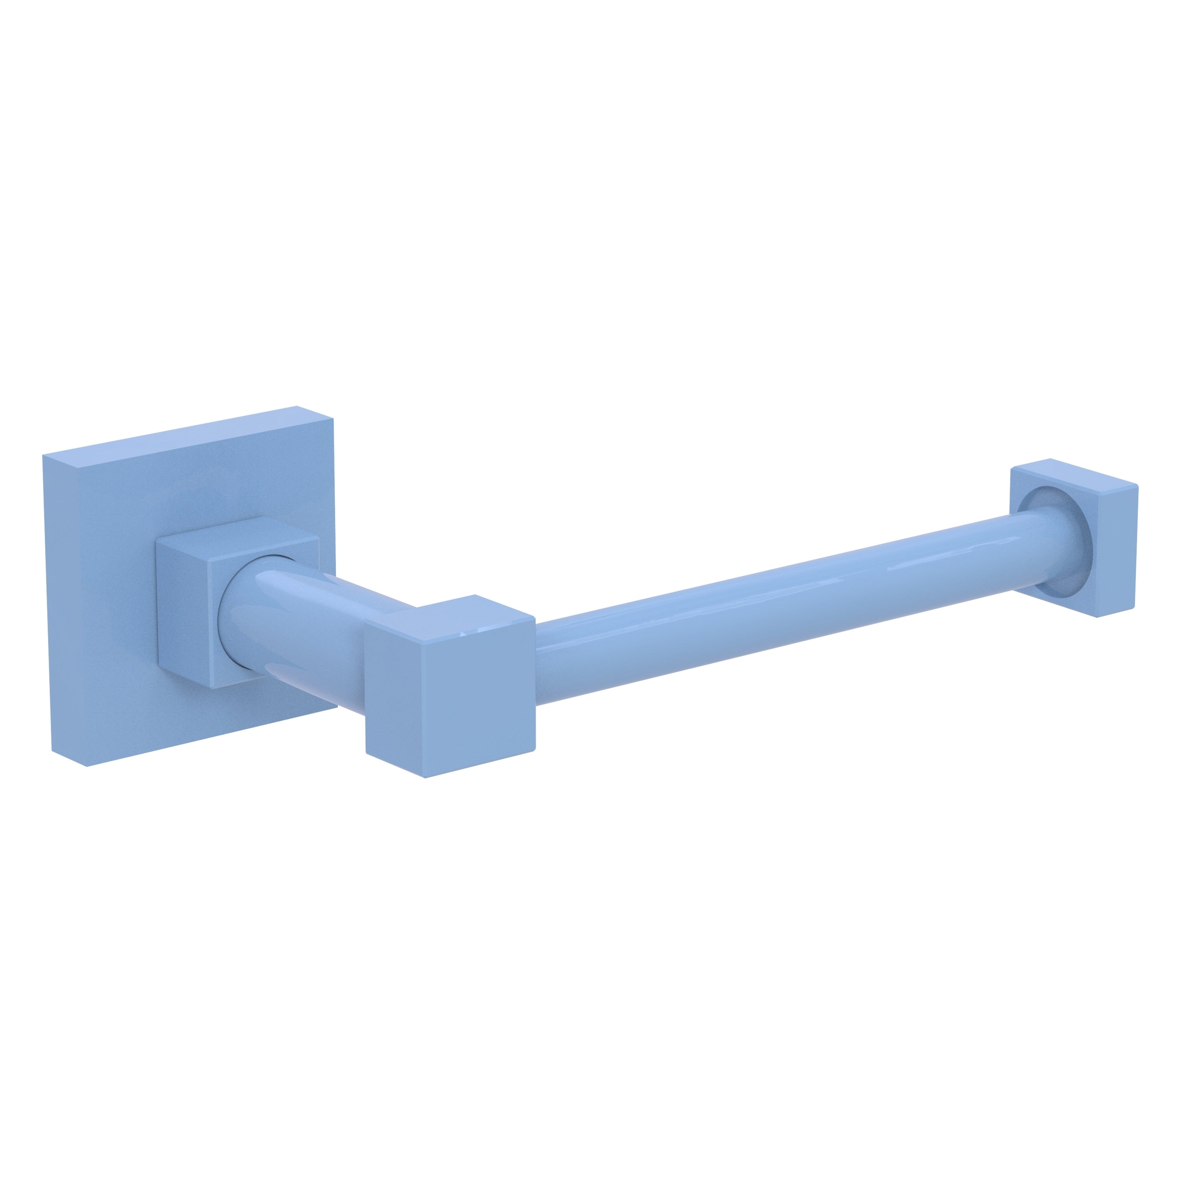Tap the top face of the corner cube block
pos(452,614)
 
